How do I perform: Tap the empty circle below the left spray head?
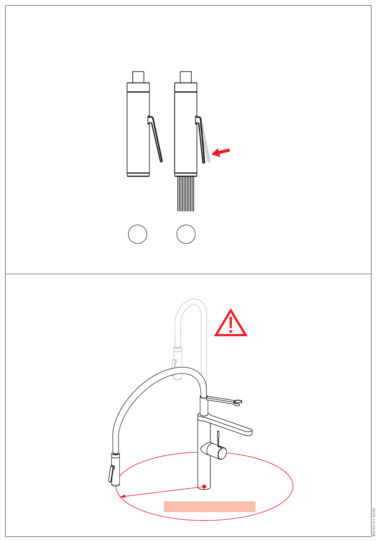(x=138, y=234)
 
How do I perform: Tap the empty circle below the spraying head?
(x=186, y=234)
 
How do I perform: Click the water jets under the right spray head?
(x=186, y=194)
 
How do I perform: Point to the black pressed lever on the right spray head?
(x=200, y=139)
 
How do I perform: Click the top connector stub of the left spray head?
(x=138, y=77)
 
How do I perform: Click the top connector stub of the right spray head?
(x=186, y=77)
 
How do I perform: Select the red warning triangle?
(x=231, y=323)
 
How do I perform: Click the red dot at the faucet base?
(x=204, y=486)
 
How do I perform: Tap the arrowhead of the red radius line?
(x=123, y=496)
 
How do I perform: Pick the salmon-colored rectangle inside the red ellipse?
(x=210, y=506)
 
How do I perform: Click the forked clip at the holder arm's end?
(x=238, y=403)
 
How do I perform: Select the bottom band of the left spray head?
(x=138, y=174)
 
